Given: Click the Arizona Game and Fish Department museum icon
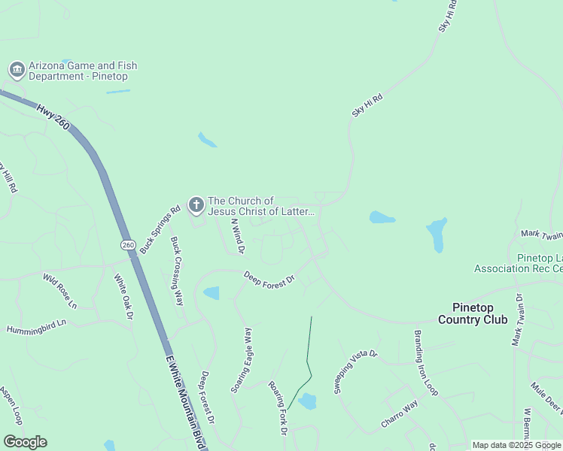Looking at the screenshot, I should [17, 71].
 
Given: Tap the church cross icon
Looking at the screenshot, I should [196, 204].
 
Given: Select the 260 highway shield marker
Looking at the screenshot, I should [127, 245].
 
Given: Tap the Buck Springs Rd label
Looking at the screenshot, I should [160, 229].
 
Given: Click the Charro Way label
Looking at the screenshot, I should [399, 415].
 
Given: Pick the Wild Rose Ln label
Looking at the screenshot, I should [60, 291].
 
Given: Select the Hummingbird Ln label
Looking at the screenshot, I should [36, 325].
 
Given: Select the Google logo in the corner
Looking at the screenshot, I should [25, 442].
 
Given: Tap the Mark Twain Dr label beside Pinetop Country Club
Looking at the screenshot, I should [518, 320].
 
